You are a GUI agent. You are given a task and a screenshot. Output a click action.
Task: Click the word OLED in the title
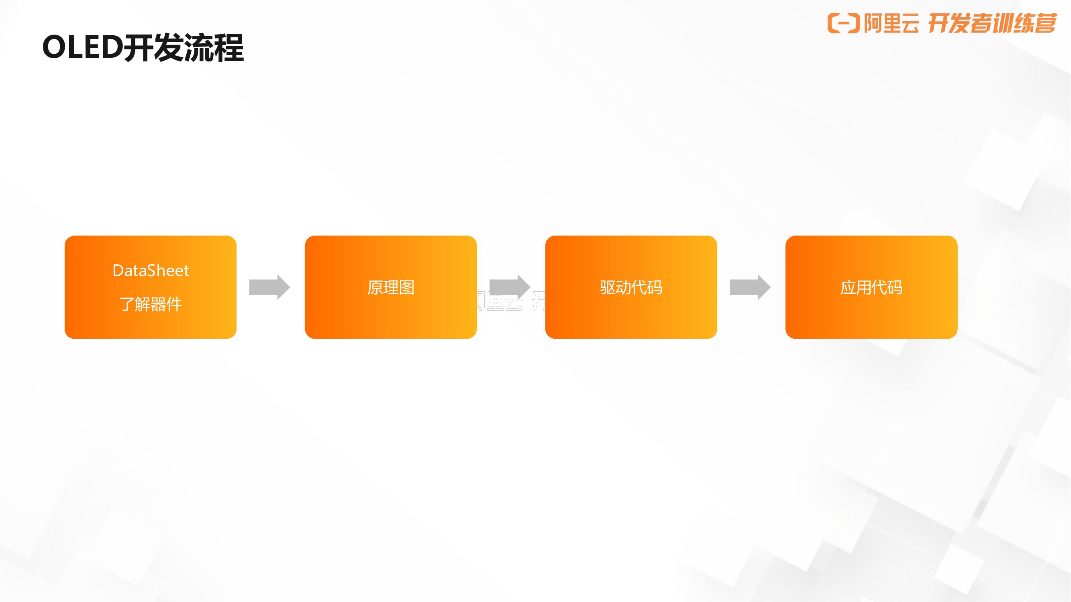pyautogui.click(x=82, y=47)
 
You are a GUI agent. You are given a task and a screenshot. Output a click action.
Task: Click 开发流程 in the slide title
pyautogui.click(x=184, y=47)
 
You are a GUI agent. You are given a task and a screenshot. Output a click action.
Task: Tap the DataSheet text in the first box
pyautogui.click(x=151, y=271)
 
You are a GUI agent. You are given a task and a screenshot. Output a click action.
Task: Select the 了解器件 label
pyautogui.click(x=151, y=304)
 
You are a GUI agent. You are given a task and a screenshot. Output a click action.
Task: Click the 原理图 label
pyautogui.click(x=391, y=287)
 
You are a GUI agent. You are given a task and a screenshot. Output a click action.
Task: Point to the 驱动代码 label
pyautogui.click(x=631, y=287)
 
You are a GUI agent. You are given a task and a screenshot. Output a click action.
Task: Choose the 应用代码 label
pyautogui.click(x=871, y=287)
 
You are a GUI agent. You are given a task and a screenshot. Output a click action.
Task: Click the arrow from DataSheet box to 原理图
pyautogui.click(x=269, y=287)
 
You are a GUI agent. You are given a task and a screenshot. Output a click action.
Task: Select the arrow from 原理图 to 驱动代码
pyautogui.click(x=510, y=287)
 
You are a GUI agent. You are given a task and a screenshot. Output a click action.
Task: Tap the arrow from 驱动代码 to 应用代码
pyautogui.click(x=750, y=287)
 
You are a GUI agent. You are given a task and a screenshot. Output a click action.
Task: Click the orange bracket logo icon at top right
pyautogui.click(x=843, y=23)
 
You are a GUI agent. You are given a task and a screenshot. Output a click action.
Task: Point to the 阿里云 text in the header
pyautogui.click(x=891, y=23)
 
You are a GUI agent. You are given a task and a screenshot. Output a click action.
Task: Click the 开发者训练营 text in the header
pyautogui.click(x=992, y=23)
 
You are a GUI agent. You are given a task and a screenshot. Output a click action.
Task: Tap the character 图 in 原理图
pyautogui.click(x=407, y=287)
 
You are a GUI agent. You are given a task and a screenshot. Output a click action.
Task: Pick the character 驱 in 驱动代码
pyautogui.click(x=608, y=287)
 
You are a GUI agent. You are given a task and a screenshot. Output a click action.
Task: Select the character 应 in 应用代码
pyautogui.click(x=848, y=287)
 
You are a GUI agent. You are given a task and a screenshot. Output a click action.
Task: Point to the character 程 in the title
pyautogui.click(x=228, y=47)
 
